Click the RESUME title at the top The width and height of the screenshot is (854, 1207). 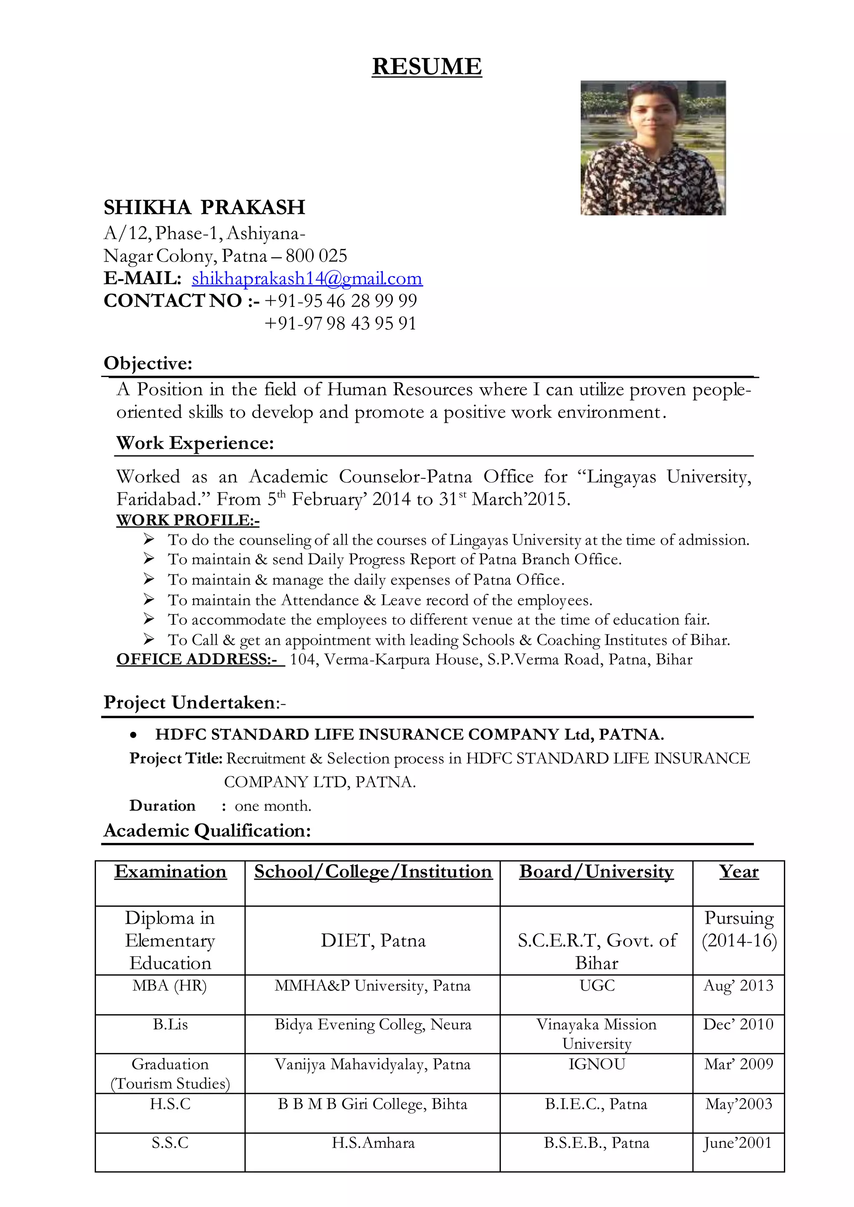427,67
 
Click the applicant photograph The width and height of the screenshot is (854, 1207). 653,148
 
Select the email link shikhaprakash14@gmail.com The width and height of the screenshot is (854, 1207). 307,278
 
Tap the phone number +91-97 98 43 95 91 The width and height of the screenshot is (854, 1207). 340,323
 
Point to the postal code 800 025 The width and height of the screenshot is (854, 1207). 316,256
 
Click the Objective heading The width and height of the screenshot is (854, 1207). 148,363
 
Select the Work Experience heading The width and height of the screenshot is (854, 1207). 195,443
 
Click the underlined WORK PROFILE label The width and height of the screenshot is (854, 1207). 188,520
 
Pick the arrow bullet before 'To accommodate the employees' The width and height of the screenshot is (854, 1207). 149,619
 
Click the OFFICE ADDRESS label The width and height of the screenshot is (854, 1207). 199,659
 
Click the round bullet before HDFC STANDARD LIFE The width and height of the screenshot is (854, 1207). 134,735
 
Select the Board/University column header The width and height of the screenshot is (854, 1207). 596,871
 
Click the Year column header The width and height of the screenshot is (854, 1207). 738,871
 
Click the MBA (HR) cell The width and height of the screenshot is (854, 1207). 169,985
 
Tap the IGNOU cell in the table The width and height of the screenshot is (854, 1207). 596,1064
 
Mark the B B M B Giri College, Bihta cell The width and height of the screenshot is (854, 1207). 372,1104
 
